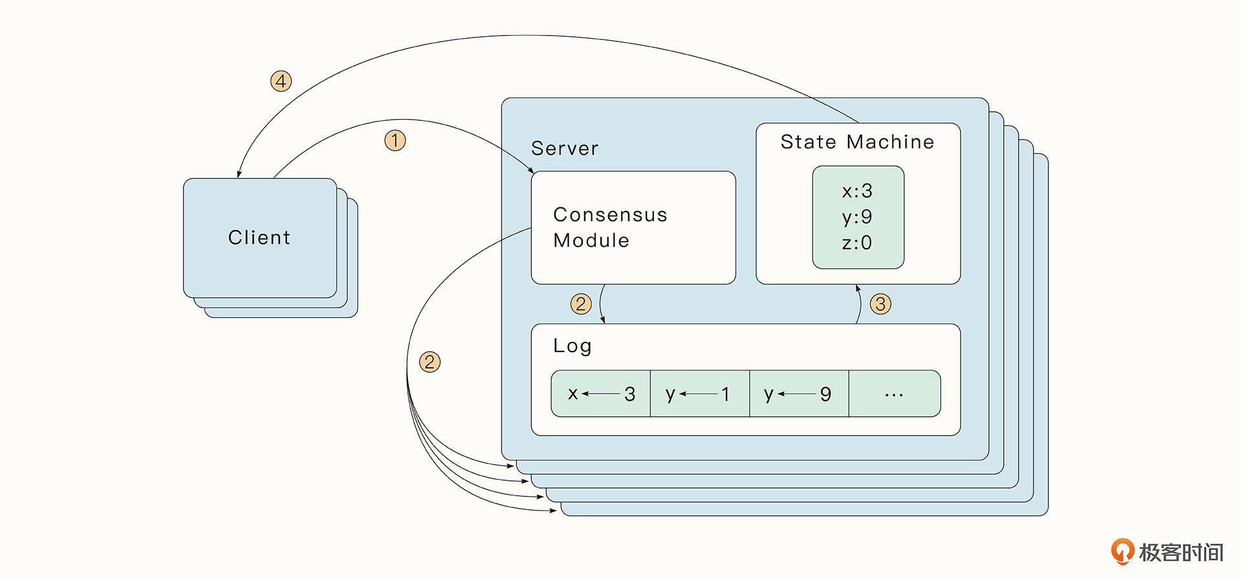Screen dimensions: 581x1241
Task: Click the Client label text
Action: [259, 238]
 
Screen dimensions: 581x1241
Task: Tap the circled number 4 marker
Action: [281, 81]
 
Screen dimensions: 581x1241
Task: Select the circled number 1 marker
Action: [395, 140]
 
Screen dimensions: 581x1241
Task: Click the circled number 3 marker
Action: [880, 304]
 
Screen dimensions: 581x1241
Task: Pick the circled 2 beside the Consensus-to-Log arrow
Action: [581, 304]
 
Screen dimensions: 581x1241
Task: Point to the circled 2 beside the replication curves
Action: [430, 362]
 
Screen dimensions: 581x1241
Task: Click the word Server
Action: [565, 149]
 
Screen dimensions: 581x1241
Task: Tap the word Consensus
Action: [610, 215]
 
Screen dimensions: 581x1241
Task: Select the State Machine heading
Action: [857, 142]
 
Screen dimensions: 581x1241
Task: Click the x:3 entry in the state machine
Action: [857, 191]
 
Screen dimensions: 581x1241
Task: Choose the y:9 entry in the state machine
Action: [857, 217]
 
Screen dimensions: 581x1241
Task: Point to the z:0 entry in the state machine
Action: [857, 243]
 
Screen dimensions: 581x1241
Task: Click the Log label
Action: [572, 346]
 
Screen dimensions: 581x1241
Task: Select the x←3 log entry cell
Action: [601, 394]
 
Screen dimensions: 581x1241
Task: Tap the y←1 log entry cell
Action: [700, 394]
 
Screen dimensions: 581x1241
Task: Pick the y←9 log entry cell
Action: [799, 394]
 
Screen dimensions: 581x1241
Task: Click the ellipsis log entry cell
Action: [895, 394]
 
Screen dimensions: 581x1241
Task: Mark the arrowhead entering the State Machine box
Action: [858, 288]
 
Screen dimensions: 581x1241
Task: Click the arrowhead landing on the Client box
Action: [239, 174]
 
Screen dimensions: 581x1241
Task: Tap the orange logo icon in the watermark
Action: [1122, 551]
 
